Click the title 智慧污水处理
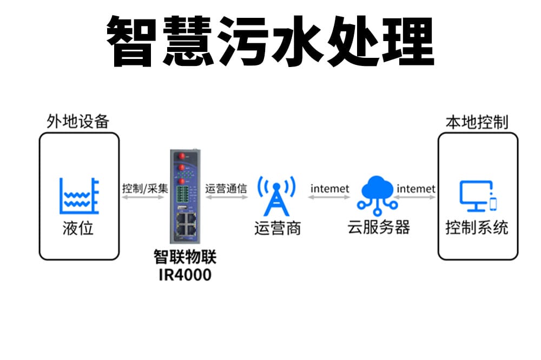click(x=270, y=41)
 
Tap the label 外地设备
click(x=78, y=121)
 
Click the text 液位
click(x=78, y=228)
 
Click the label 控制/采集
click(x=145, y=189)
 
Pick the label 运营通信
click(x=226, y=189)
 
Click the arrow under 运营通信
click(x=226, y=198)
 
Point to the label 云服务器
click(x=378, y=227)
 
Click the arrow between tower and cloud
click(x=329, y=198)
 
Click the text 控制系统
click(x=477, y=228)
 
